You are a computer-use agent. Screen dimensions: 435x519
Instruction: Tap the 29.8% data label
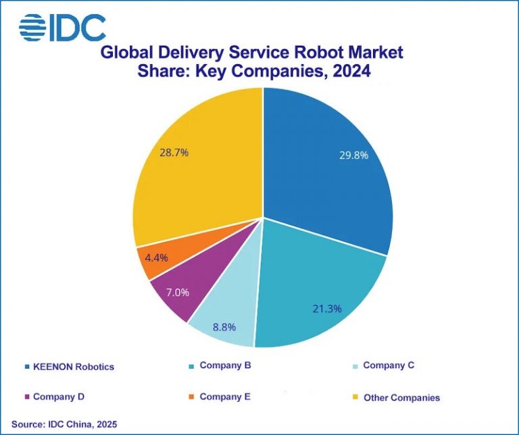pos(353,155)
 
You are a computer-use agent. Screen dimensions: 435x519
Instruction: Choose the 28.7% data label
pos(174,153)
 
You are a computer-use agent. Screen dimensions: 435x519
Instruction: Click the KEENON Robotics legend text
pos(74,367)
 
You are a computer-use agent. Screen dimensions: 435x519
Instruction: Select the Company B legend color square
pos(193,366)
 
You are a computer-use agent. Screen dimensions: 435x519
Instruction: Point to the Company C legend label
pos(388,365)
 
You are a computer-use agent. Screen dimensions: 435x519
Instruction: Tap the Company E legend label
pos(224,396)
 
